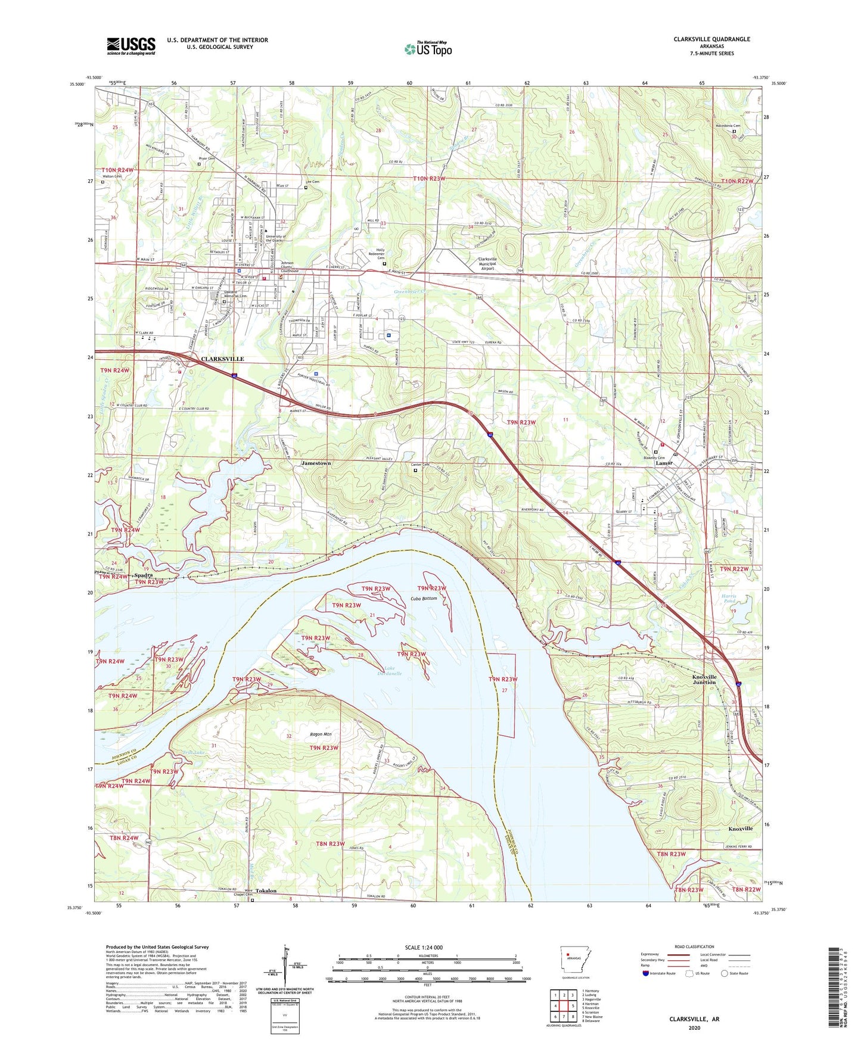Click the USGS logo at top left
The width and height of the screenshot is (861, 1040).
tap(131, 45)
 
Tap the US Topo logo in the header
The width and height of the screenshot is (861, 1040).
tap(427, 49)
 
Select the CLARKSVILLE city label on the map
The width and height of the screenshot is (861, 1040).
tap(222, 359)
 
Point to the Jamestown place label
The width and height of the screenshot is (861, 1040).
tap(316, 463)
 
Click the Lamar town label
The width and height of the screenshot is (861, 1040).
tap(664, 463)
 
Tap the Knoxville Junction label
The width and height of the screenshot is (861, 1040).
tap(704, 680)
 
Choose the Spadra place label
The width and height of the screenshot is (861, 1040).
tap(143, 575)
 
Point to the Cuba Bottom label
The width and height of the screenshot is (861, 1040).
tap(424, 598)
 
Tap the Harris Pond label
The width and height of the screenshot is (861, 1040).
tap(729, 598)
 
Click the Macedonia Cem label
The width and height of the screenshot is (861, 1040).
tap(728, 126)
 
